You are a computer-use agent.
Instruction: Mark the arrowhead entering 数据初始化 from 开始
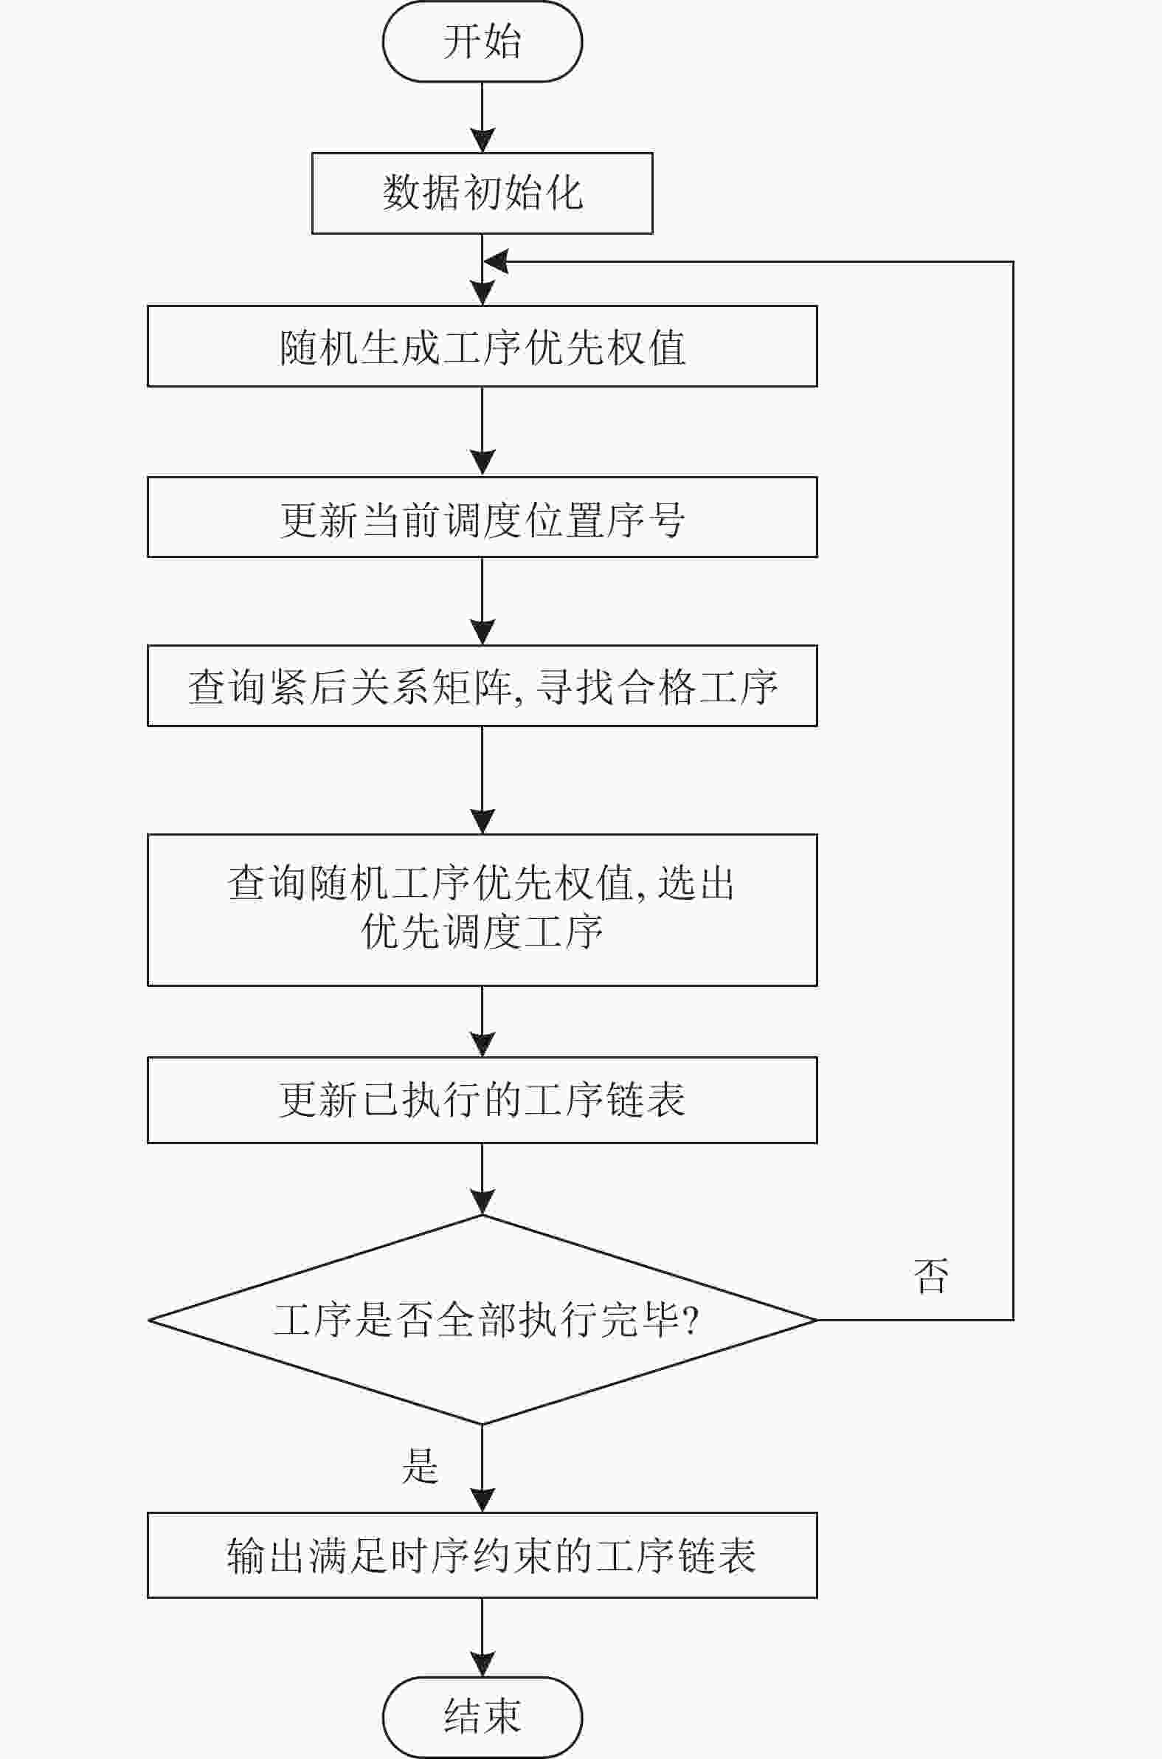[x=483, y=141]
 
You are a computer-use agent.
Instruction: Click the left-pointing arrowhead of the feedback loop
[x=495, y=261]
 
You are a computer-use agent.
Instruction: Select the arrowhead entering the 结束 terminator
[x=483, y=1665]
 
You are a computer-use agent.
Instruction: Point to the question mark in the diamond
[x=691, y=1321]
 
